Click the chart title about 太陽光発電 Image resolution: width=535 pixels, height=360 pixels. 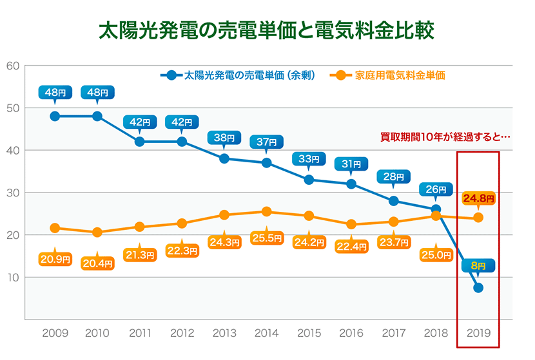(266, 30)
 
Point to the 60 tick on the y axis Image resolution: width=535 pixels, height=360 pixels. (13, 66)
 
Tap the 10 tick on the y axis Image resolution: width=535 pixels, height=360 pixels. (13, 278)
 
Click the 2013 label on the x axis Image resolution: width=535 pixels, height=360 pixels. (224, 334)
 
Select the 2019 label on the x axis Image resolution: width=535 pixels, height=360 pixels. (478, 334)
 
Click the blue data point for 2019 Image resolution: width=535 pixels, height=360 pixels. (478, 287)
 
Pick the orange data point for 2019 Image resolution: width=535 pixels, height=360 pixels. (478, 218)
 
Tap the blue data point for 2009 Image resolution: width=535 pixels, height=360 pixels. (55, 116)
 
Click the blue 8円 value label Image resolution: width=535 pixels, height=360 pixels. (478, 265)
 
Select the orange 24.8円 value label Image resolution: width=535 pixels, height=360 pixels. (478, 199)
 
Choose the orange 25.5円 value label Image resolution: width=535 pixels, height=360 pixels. (266, 238)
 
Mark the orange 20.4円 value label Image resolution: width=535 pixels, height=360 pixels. (97, 262)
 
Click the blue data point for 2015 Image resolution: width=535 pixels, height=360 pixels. (309, 180)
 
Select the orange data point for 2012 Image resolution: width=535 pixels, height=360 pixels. (182, 223)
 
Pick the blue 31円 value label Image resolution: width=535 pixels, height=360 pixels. (351, 164)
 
